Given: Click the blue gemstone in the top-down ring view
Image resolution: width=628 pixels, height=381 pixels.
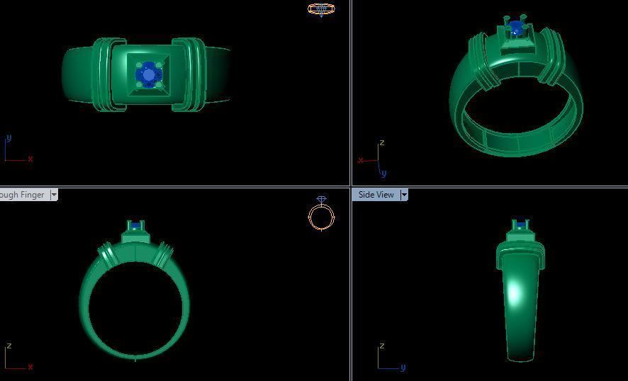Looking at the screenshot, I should [x=149, y=74].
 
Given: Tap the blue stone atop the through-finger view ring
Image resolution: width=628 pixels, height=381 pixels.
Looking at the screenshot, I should [x=135, y=224].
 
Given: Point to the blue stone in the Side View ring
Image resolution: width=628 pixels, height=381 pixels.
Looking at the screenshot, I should [x=522, y=224].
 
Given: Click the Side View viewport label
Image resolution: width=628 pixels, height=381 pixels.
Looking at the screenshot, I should [x=376, y=195].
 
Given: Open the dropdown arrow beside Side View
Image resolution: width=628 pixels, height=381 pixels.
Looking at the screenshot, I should [x=404, y=195].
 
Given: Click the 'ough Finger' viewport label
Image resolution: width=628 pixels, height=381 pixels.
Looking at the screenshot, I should [x=23, y=195].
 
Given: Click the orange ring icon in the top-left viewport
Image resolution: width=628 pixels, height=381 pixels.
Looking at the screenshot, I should [x=321, y=9].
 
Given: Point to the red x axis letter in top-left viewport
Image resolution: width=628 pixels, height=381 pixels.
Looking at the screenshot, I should [x=30, y=159].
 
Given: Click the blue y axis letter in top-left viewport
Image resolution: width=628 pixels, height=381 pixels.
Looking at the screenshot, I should [x=9, y=138].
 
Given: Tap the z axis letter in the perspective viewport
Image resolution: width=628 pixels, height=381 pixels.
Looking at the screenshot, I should [x=382, y=143].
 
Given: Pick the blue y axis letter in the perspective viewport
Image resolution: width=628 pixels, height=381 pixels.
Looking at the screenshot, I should [x=383, y=173].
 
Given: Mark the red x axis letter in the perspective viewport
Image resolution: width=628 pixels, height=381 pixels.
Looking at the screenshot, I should [x=360, y=160].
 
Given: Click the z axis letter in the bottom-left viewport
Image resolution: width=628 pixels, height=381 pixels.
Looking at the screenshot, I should [x=9, y=346].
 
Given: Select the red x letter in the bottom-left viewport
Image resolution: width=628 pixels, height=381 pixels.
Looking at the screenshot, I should [x=30, y=367].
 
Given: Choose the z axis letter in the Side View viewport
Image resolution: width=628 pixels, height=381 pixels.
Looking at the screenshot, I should [x=382, y=346].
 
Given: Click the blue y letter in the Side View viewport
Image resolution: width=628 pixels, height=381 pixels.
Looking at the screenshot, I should [x=403, y=368].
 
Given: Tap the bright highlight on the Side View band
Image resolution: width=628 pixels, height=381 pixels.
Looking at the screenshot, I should [x=512, y=292].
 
